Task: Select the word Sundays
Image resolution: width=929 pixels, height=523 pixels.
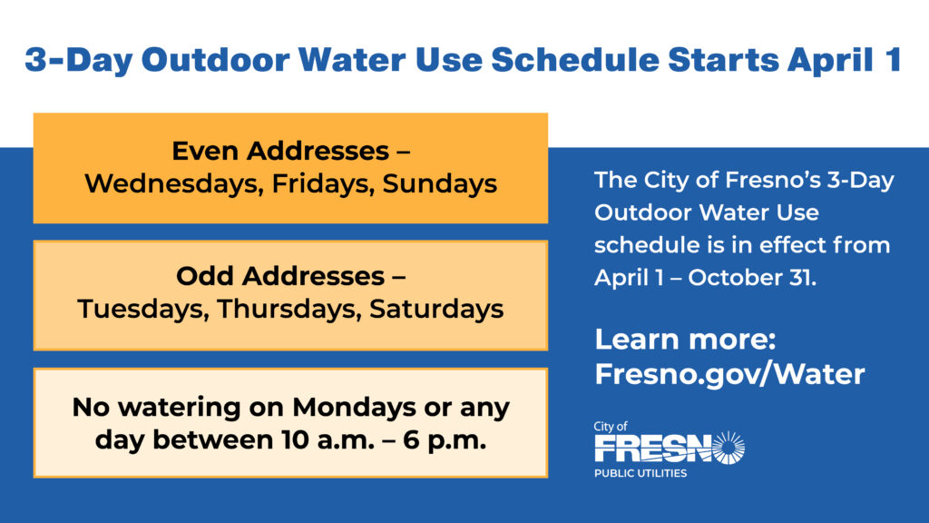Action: point(439,183)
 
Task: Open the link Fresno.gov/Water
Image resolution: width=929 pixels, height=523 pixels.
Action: point(729,374)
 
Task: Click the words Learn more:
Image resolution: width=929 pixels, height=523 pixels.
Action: point(685,340)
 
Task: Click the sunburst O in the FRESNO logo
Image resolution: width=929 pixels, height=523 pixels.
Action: point(726,448)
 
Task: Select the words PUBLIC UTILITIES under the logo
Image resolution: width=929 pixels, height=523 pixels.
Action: point(641,473)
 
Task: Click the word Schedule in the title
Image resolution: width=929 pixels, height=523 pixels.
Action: point(566,60)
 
